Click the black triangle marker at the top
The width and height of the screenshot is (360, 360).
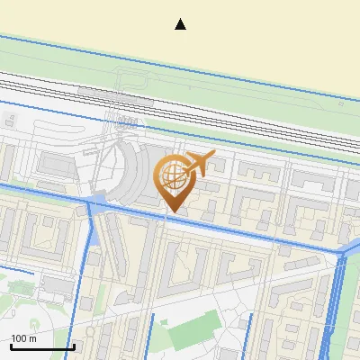(x=180, y=24)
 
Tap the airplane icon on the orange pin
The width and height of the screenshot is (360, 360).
(x=200, y=164)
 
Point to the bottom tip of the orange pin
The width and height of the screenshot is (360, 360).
(x=172, y=211)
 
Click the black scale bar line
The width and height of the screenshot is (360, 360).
(x=41, y=346)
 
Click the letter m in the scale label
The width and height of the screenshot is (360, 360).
(x=32, y=338)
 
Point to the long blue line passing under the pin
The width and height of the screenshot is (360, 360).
(x=225, y=224)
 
